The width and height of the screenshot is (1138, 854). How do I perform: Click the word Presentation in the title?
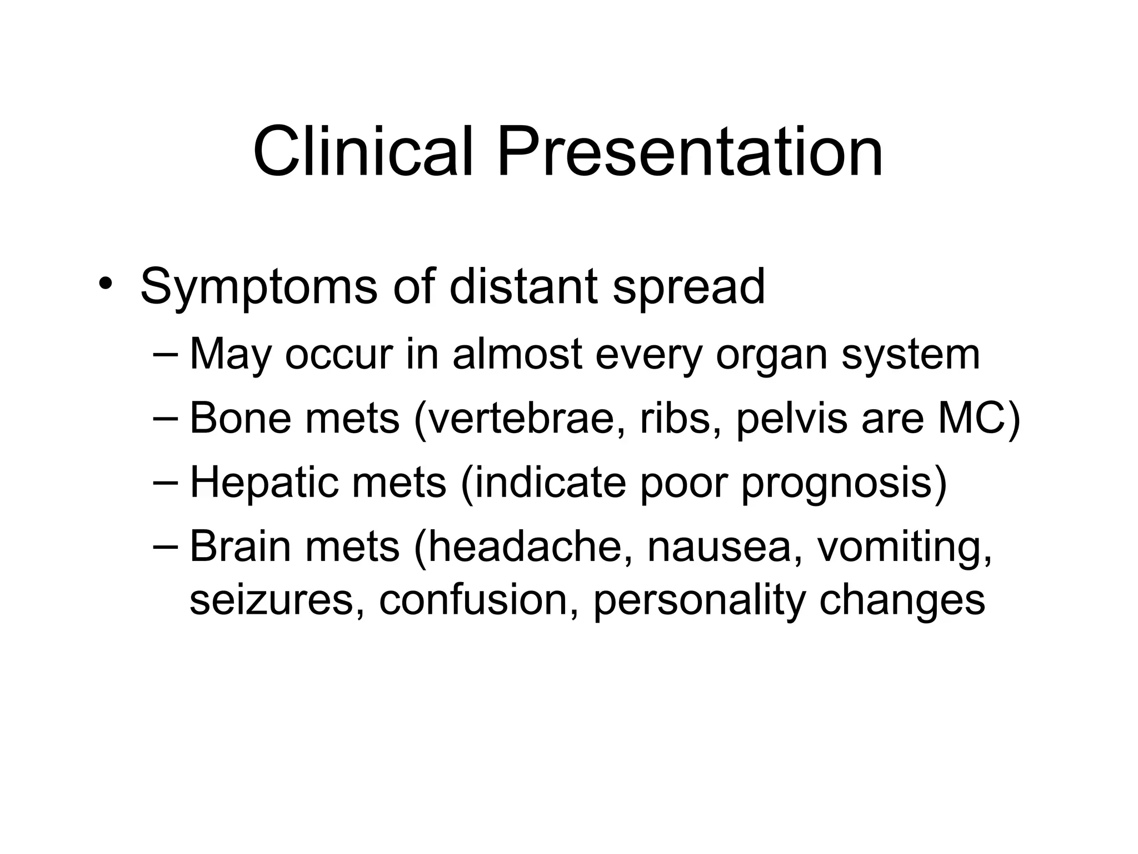[x=690, y=152]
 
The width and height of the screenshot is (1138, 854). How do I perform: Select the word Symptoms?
[x=259, y=288]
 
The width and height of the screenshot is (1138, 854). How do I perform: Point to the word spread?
[x=688, y=287]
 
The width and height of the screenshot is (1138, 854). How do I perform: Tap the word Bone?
[x=240, y=418]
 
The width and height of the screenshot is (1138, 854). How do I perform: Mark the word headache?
[x=530, y=547]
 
